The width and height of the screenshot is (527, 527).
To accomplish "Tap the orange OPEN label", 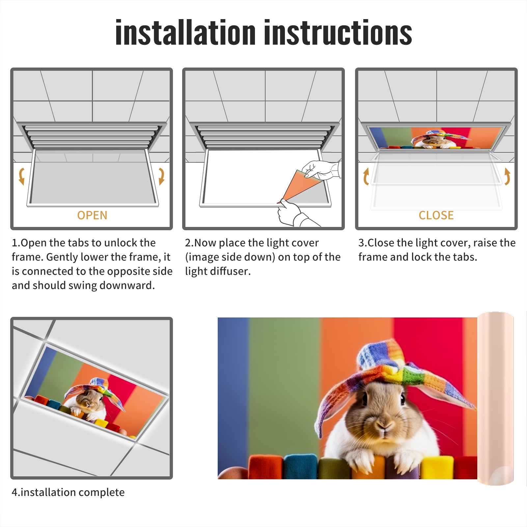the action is pos(92,215).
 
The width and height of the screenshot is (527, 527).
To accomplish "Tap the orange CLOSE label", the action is pos(436,215).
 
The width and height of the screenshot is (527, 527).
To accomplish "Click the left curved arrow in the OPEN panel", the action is pos(21,176).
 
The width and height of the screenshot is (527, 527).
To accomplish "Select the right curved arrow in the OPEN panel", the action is pos(161,176).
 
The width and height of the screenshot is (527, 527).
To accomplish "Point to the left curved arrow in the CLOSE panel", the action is pos(366,176).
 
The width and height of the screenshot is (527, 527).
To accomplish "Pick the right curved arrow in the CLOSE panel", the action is pos(507,176).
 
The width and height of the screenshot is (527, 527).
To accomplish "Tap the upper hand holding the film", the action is pos(321,170).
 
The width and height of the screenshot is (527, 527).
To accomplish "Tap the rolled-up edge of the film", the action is pos(495,399).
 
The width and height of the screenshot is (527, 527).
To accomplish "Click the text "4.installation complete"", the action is pos(68,492).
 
